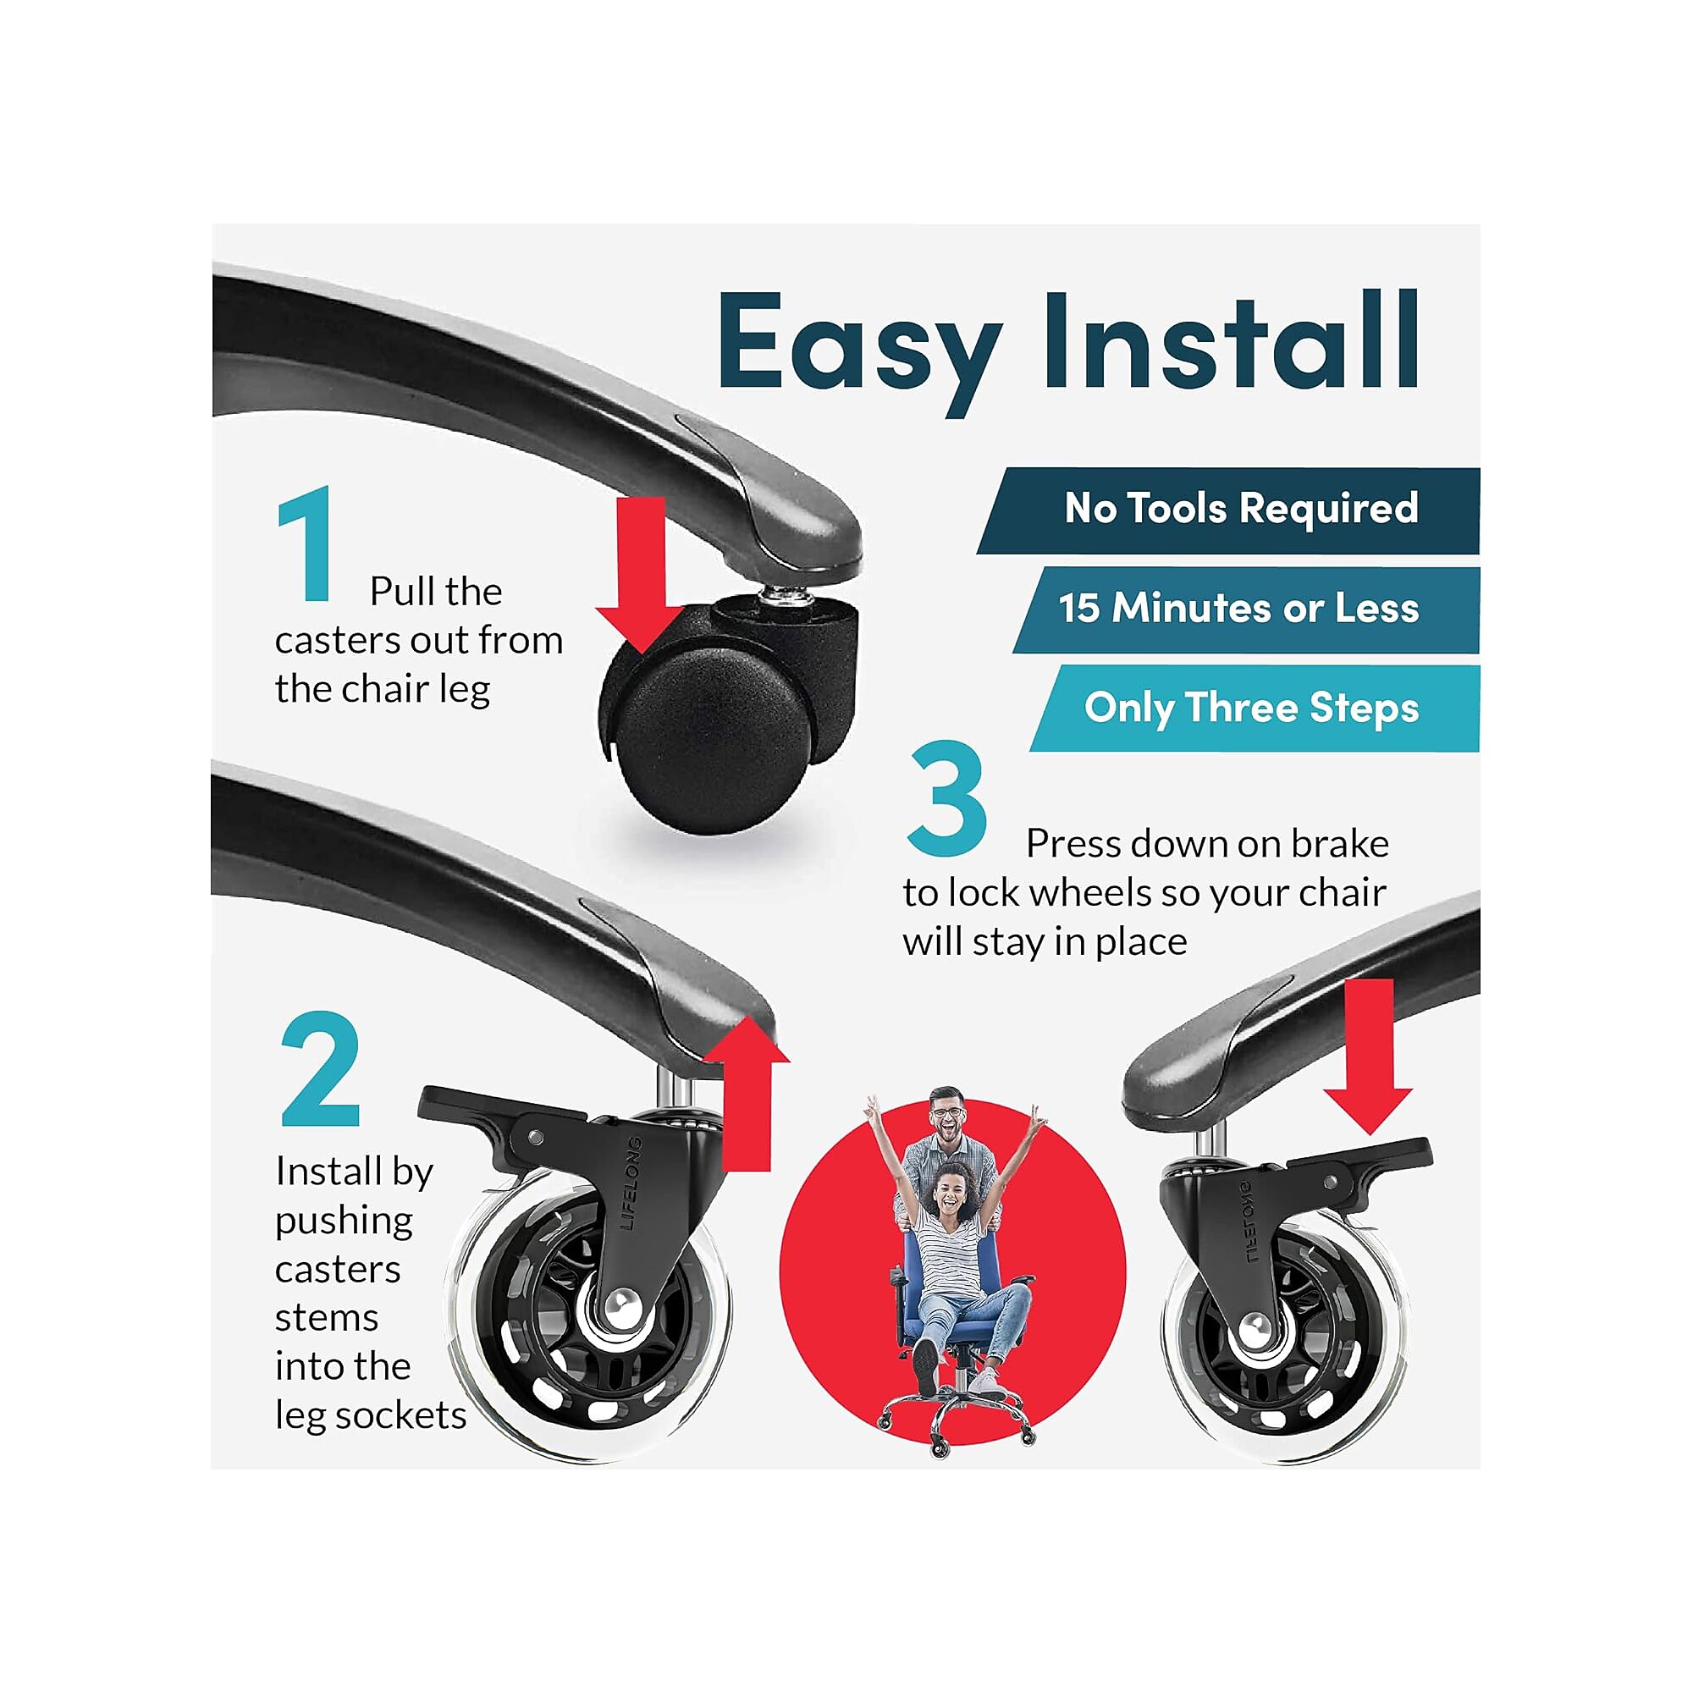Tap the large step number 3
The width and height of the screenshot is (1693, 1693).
pos(947,797)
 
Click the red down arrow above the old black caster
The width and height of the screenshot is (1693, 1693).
pos(641,575)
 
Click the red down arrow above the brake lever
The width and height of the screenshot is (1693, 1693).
pos(1368,1056)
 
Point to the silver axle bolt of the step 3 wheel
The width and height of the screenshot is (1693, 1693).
pos(1254,1329)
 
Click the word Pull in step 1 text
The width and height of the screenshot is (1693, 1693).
pos(404,591)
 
